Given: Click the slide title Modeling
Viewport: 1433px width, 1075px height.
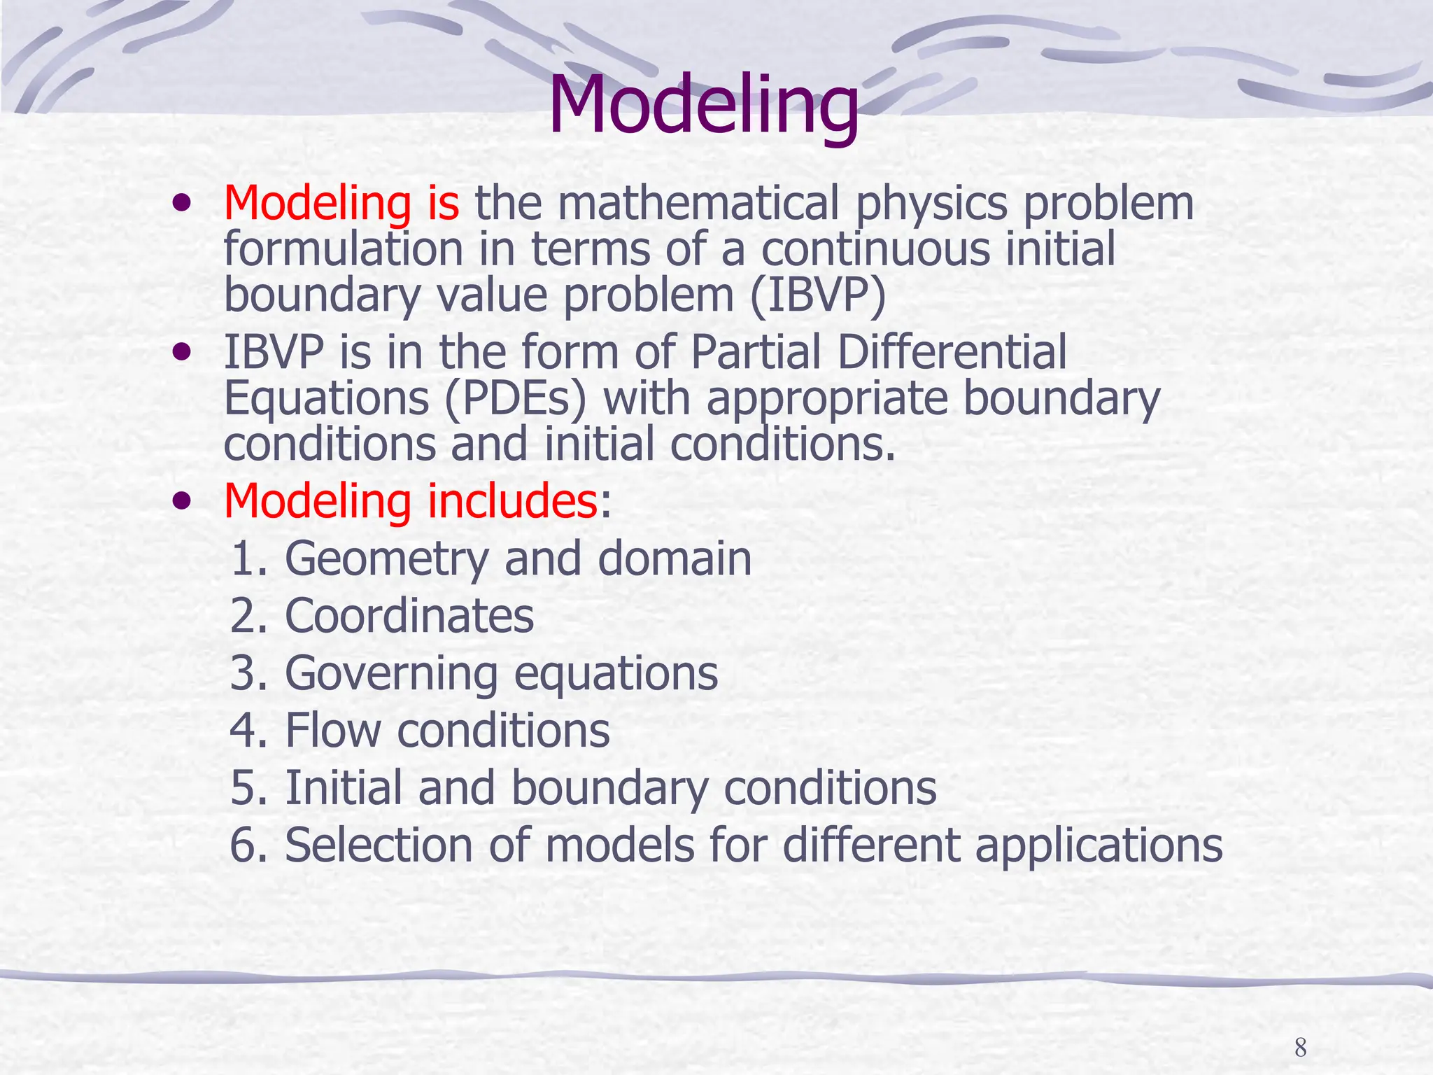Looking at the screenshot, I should (703, 105).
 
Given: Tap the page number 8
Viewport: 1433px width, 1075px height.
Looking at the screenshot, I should (1300, 1048).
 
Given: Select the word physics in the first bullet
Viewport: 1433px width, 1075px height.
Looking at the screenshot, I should (931, 203).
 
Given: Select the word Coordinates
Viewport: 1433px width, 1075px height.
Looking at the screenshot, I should (409, 616).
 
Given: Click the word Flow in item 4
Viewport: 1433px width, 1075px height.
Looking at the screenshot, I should (333, 731).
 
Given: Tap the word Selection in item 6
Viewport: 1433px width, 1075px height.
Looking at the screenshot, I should (379, 845).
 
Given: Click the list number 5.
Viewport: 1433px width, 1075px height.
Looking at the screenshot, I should (243, 788).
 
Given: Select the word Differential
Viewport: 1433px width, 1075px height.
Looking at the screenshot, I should (952, 351).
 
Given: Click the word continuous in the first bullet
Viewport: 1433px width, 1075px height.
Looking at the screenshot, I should (875, 249).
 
